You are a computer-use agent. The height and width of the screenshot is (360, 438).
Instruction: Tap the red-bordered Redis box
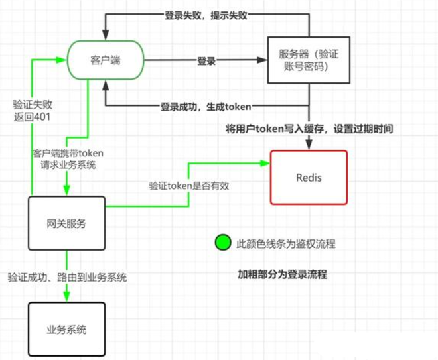click(309, 176)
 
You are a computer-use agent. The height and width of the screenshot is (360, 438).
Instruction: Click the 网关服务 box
click(66, 223)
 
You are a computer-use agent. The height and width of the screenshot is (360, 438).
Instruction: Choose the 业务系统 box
click(66, 329)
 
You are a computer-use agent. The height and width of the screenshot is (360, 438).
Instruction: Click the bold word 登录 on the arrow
click(206, 61)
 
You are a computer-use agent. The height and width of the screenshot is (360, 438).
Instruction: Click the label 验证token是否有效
click(188, 186)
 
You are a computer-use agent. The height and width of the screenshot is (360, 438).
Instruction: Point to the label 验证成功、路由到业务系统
click(67, 276)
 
